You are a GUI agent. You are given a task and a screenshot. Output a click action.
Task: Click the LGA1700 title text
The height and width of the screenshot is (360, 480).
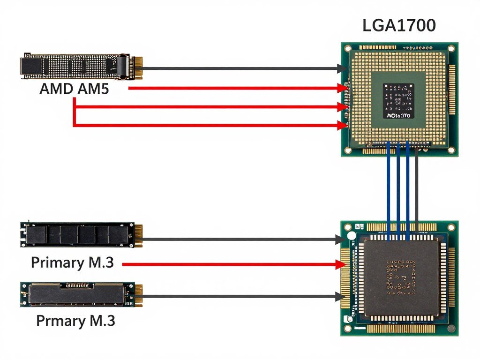tap(399, 26)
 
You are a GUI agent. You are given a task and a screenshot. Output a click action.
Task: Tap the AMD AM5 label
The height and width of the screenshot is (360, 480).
tap(74, 89)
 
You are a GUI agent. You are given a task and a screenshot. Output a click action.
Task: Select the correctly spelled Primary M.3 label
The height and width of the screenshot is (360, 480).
tap(72, 262)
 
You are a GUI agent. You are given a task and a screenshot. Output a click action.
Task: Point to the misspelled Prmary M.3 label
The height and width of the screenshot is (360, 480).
tap(75, 321)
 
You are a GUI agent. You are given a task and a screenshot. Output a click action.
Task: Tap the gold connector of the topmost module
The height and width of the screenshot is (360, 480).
tap(136, 68)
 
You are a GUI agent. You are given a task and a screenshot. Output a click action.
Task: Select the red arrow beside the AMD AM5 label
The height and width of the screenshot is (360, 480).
tap(234, 88)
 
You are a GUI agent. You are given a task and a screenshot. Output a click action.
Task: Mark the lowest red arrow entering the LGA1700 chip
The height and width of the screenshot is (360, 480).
tap(211, 125)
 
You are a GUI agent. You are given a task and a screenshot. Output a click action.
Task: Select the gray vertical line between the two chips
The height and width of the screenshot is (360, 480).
tap(417, 187)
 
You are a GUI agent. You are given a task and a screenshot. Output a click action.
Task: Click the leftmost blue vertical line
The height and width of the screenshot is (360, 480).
tap(389, 187)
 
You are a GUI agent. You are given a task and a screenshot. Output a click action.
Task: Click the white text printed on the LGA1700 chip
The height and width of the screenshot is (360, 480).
tap(398, 115)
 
